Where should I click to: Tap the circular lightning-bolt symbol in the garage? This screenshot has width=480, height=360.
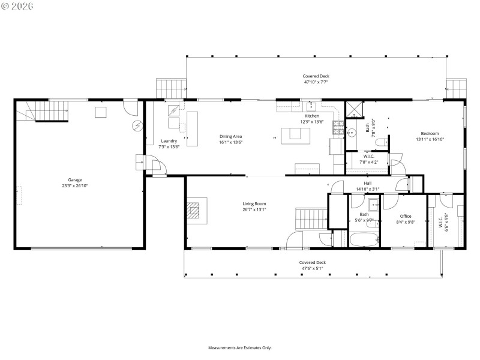point(138,125)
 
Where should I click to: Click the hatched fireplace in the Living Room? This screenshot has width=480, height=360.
point(193,209)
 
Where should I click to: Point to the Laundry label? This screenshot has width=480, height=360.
point(169,141)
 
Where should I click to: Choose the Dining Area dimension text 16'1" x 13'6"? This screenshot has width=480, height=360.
point(230,143)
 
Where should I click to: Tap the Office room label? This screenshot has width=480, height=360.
point(406,216)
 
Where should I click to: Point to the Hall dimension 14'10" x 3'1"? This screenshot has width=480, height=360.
point(367,189)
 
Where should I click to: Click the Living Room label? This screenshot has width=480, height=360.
point(254,203)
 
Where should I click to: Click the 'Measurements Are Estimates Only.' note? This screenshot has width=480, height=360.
point(239,347)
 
